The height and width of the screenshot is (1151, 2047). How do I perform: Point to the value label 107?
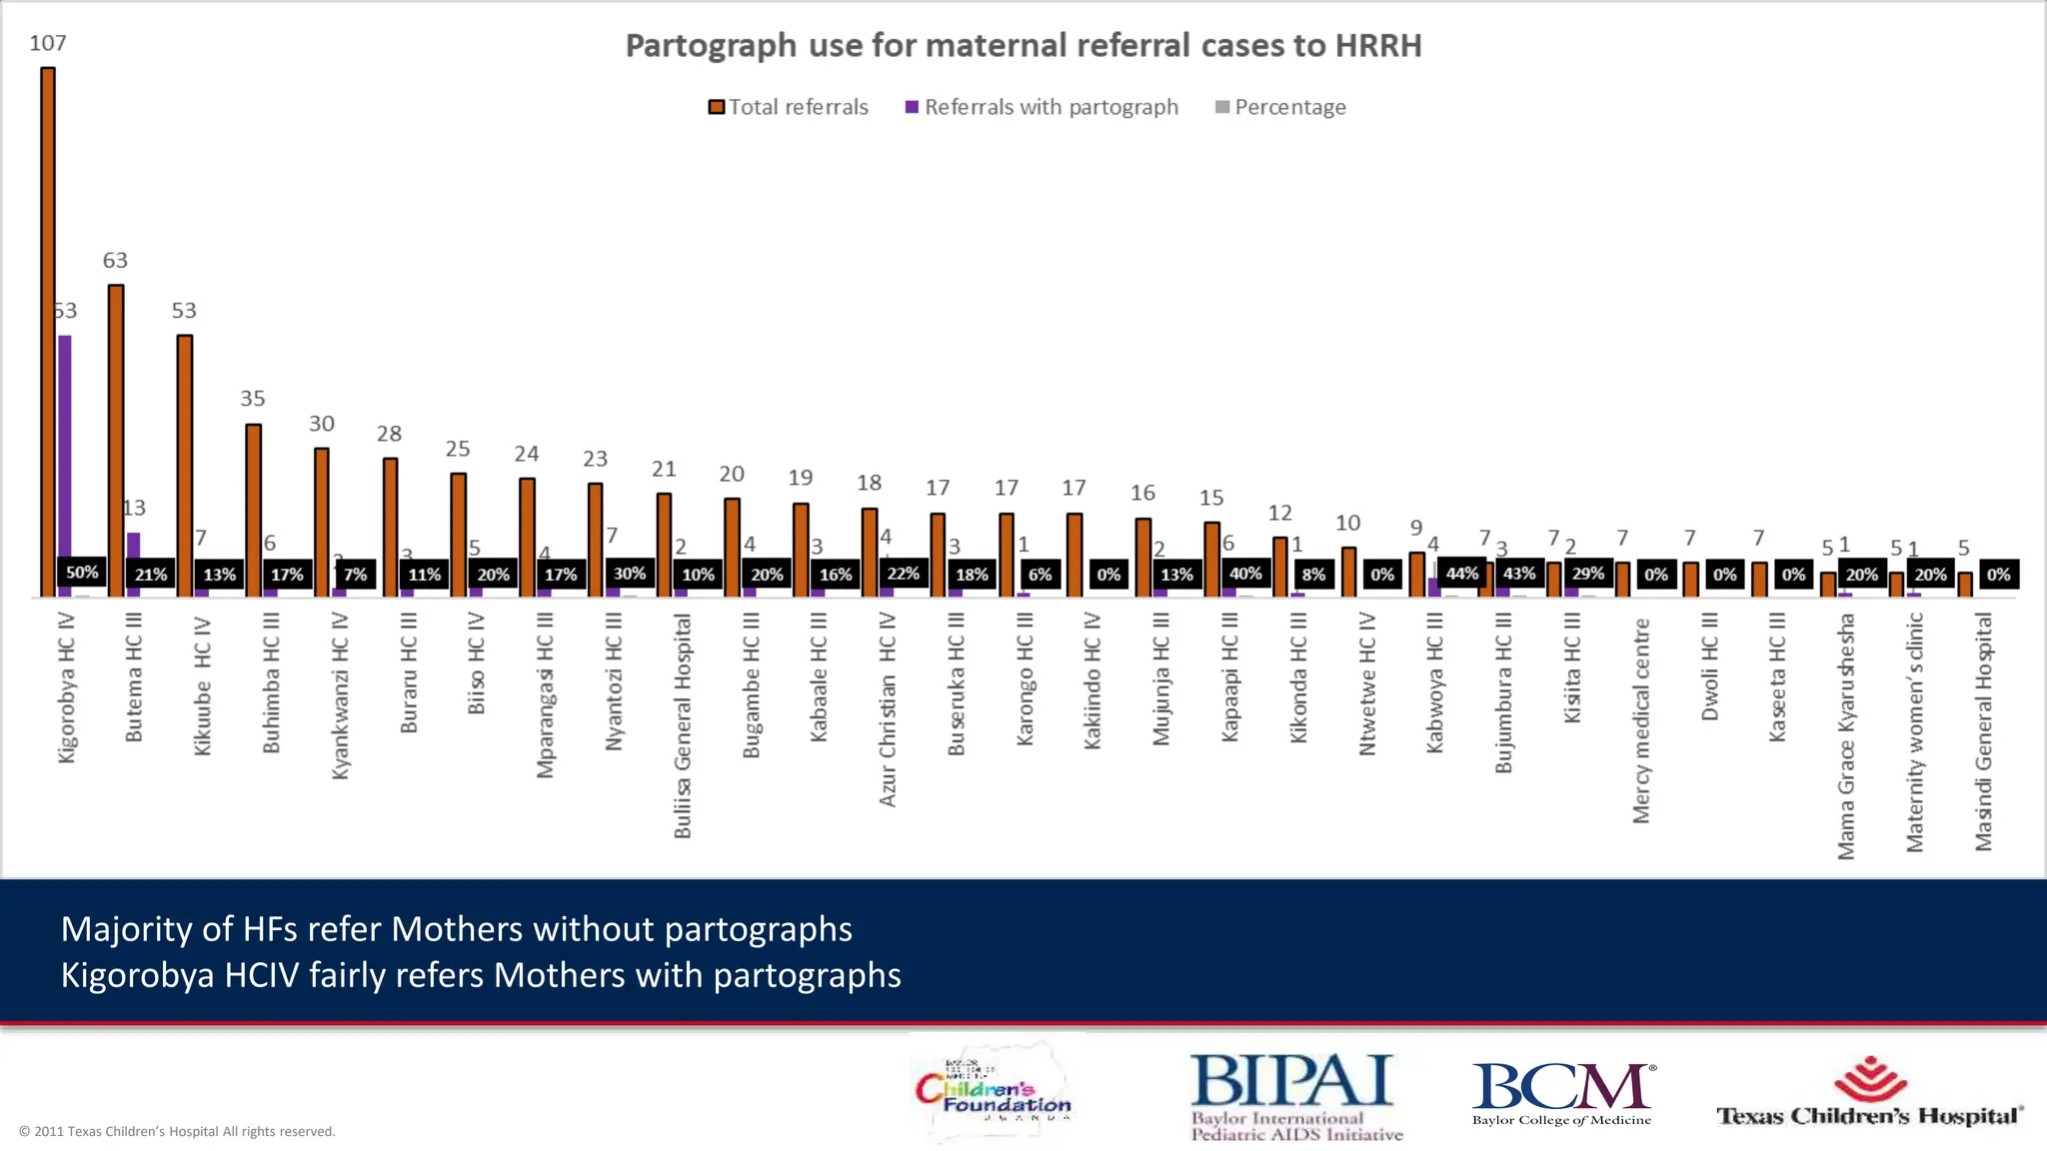pyautogui.click(x=48, y=43)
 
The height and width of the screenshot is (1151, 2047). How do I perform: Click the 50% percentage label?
pyautogui.click(x=82, y=573)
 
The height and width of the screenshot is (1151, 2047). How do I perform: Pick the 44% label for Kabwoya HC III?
pyautogui.click(x=1461, y=574)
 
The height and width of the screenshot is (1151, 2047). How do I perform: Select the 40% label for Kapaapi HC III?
pyautogui.click(x=1245, y=574)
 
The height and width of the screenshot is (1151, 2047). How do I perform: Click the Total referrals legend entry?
pyautogui.click(x=789, y=107)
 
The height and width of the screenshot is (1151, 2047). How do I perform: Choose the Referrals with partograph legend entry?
pyautogui.click(x=1041, y=107)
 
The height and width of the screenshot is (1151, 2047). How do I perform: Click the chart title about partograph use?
pyautogui.click(x=1023, y=46)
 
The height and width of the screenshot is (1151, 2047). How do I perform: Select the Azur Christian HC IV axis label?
pyautogui.click(x=888, y=709)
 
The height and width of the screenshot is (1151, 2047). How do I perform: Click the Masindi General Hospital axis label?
pyautogui.click(x=1984, y=731)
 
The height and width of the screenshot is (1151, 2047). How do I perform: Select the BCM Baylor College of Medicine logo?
pyautogui.click(x=1561, y=1093)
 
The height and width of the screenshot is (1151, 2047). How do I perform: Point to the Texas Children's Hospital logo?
pyautogui.click(x=1869, y=1093)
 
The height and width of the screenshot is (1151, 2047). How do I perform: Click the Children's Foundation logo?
pyautogui.click(x=994, y=1093)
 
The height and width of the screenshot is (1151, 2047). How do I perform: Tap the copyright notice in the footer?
pyautogui.click(x=177, y=1131)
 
